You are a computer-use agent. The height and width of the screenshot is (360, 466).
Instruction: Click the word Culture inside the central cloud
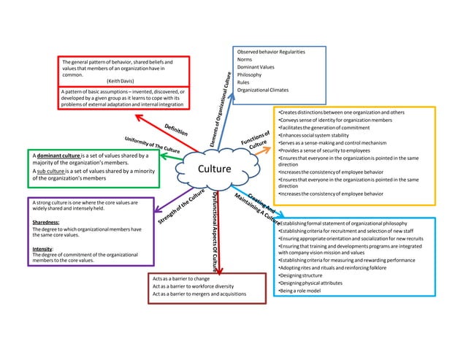[x=212, y=170]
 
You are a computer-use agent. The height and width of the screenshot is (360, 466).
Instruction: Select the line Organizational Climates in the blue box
[x=267, y=91]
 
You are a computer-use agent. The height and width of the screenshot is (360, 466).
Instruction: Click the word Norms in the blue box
[x=245, y=59]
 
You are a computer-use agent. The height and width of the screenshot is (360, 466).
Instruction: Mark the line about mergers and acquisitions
[x=199, y=294]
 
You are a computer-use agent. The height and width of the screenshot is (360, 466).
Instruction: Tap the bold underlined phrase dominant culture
[x=58, y=156]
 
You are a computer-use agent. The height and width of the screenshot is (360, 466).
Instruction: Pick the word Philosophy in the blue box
[x=250, y=74]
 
